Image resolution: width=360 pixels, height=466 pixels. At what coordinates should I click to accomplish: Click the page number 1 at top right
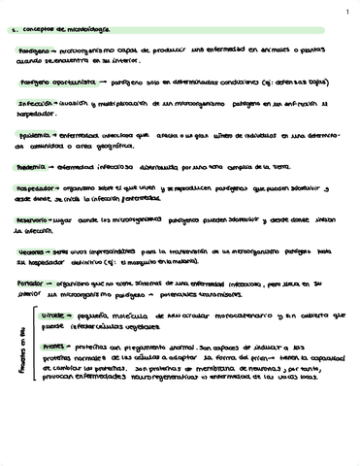click(x=346, y=12)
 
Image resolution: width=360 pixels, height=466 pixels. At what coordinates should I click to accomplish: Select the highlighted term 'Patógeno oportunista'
click(x=51, y=83)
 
